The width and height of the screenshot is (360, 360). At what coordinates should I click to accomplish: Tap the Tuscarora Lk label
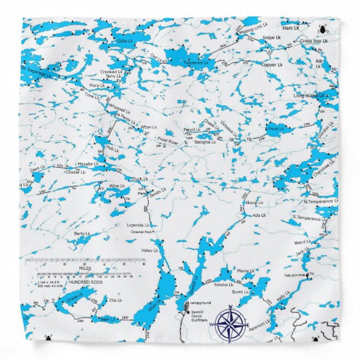[196, 64]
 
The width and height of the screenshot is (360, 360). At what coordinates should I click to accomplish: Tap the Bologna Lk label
[205, 142]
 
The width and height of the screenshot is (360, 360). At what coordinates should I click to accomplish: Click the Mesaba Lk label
[88, 164]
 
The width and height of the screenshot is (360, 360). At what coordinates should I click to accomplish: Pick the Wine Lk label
[117, 186]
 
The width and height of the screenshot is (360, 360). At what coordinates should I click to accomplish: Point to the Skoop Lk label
[254, 202]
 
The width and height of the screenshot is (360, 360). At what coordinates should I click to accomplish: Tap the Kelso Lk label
[150, 250]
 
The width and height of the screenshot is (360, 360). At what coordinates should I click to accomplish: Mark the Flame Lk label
[243, 271]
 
